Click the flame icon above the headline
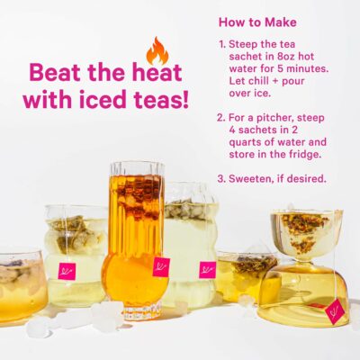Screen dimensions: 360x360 coord(157,50)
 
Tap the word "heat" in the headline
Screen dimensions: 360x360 coord(159,73)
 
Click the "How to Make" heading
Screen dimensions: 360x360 coord(257,22)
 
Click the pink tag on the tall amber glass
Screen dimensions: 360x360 coord(161,266)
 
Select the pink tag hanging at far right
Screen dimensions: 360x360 coord(335,310)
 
